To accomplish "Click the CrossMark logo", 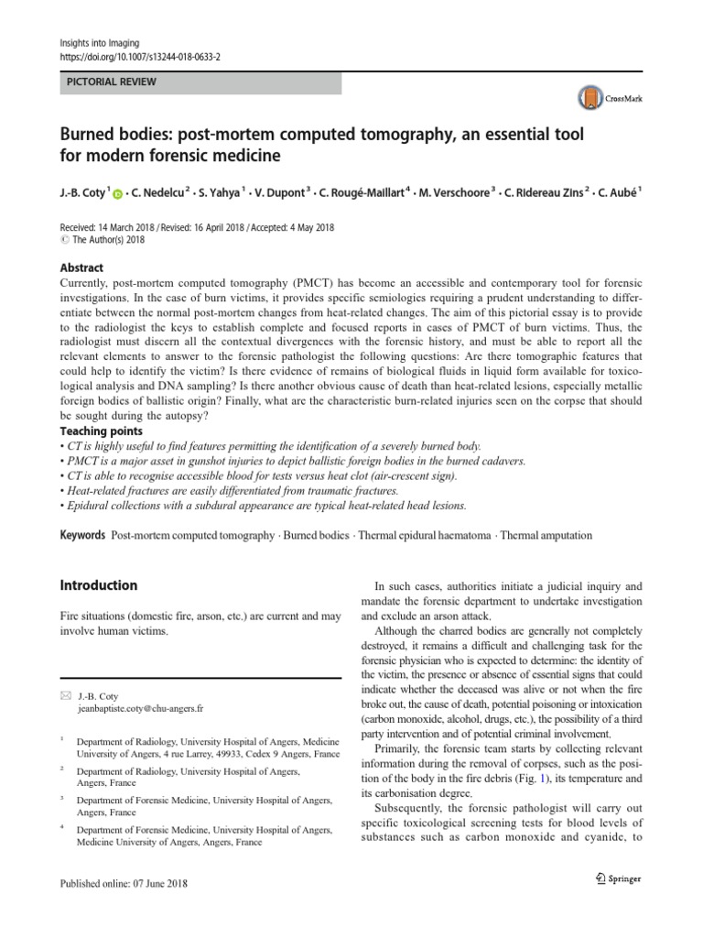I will point(601,98).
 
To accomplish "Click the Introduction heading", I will point(98,585).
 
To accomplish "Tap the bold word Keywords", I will point(82,535).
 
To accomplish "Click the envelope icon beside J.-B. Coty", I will point(64,696).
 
